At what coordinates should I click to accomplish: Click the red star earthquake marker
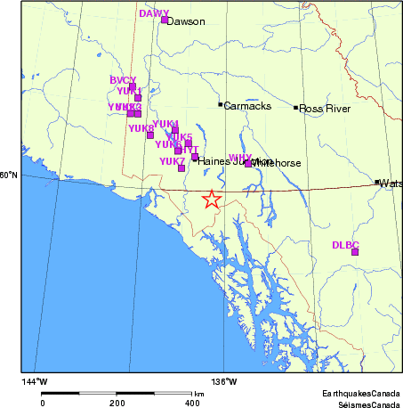pos(211,200)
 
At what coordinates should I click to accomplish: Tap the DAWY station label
pos(154,13)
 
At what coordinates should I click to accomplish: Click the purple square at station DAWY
pos(165,19)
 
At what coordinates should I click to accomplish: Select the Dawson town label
pos(186,21)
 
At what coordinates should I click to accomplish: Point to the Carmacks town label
pos(242,105)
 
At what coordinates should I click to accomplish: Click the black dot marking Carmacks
pos(221,104)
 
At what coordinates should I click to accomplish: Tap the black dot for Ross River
pos(296,108)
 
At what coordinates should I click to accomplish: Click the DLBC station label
pos(345,244)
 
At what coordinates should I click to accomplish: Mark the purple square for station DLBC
pos(355,252)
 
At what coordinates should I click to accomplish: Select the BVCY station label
pos(123,80)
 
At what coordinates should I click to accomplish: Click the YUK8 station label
pos(141,128)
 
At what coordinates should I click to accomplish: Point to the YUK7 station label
pos(172,161)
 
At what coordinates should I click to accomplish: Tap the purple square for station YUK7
pos(181,167)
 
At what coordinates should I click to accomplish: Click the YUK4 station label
pos(165,124)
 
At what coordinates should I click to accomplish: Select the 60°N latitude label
pos(10,175)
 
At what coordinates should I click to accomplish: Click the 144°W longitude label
pos(35,381)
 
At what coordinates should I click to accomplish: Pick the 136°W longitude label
pos(224,381)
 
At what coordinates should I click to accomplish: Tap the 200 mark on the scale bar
pos(117,403)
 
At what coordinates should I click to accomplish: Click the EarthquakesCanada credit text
pos(362,393)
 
